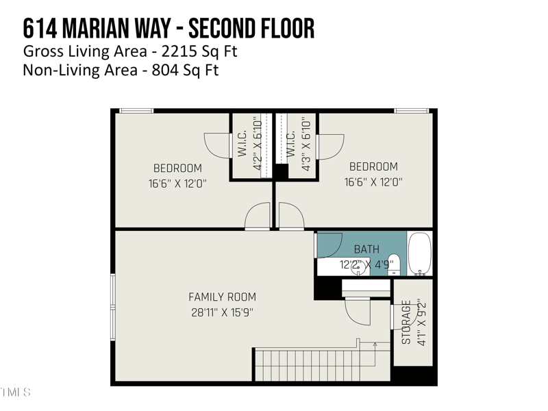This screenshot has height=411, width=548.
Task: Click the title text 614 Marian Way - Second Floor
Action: [169, 29]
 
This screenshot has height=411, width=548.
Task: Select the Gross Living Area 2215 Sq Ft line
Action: [130, 51]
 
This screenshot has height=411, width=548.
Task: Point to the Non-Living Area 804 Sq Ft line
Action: [121, 70]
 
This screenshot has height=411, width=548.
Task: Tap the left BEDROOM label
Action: [177, 169]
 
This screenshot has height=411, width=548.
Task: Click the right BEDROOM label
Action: [373, 166]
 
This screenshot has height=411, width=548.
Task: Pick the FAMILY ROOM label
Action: [222, 297]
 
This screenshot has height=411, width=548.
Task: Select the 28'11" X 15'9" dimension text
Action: [222, 313]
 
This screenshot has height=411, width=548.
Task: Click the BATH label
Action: [366, 249]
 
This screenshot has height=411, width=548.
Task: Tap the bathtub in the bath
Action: [419, 253]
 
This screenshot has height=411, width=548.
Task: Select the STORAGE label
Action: [406, 322]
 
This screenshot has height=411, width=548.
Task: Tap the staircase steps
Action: [308, 364]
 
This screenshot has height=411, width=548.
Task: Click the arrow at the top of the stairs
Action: [375, 345]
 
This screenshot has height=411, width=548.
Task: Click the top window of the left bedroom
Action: [136, 110]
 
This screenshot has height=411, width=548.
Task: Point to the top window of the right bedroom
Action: [412, 110]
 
